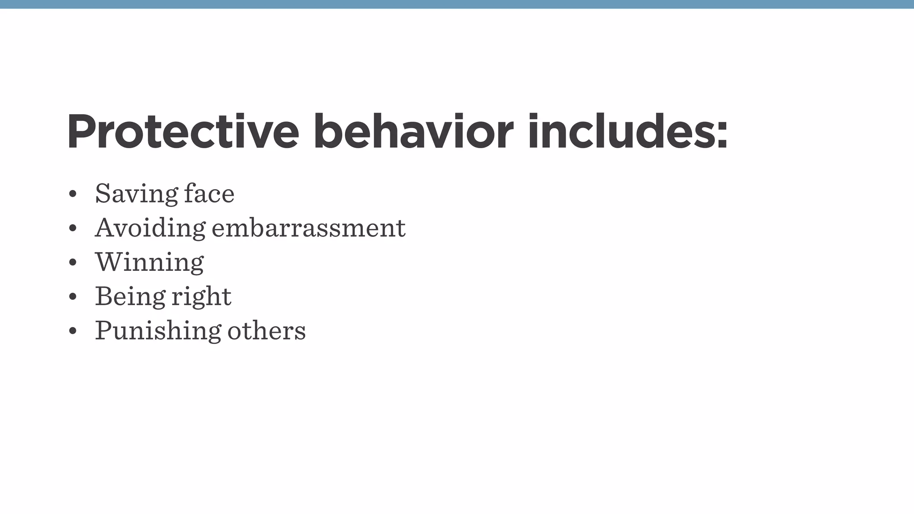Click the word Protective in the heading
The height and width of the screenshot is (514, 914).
coord(183,132)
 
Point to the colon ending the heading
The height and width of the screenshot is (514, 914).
coord(722,134)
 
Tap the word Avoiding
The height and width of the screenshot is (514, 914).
coord(150,228)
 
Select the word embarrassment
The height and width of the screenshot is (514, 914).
coord(308,228)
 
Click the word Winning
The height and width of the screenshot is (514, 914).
coord(150,262)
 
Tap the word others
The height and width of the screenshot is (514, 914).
coord(266,331)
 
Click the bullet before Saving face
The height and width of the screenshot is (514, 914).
coord(73,195)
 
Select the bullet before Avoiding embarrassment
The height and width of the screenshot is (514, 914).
coord(73,229)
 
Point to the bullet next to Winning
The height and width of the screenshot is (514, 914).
coord(73,263)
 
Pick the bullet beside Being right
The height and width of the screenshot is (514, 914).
coord(73,297)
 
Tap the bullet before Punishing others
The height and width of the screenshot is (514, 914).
coord(73,332)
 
